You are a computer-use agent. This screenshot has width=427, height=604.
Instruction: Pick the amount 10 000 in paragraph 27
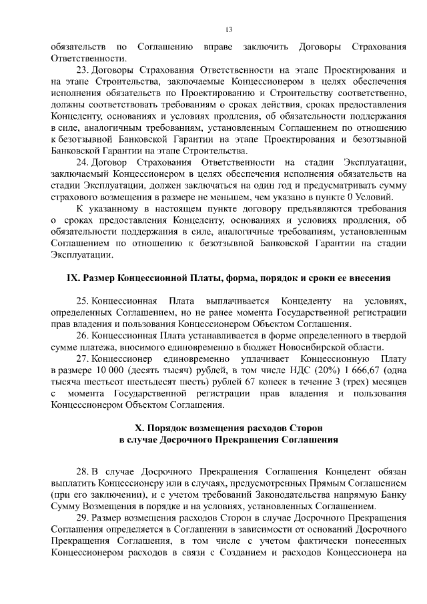click(x=111, y=370)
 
